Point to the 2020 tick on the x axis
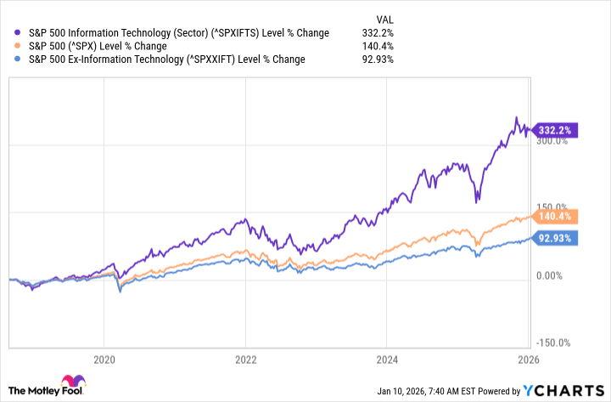104,360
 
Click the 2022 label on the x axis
245,360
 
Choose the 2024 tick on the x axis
387,360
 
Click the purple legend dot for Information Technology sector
20,32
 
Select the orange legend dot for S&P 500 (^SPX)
20,46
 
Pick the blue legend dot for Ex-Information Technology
20,59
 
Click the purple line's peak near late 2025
516,117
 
